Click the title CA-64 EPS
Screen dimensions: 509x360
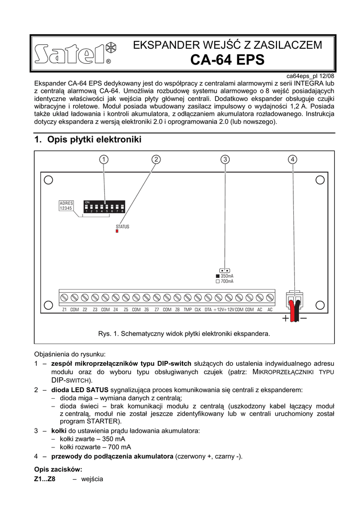[x=228, y=61]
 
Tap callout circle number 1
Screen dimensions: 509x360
[x=103, y=159]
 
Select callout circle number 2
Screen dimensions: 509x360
[x=156, y=159]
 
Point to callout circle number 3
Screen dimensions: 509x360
[x=225, y=159]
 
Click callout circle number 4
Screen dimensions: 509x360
[x=292, y=159]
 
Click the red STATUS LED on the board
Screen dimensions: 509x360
[x=117, y=231]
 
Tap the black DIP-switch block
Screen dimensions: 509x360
[x=104, y=207]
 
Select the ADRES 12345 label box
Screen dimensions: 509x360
[x=66, y=206]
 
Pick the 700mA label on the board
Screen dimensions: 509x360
[x=227, y=281]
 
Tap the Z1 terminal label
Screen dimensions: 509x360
[x=65, y=310]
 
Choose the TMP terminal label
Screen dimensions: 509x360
[x=187, y=310]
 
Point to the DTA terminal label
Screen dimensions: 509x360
[x=208, y=310]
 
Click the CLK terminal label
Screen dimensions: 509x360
[x=197, y=310]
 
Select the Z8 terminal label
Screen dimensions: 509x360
[x=178, y=310]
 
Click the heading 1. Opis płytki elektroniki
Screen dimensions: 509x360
[x=88, y=140]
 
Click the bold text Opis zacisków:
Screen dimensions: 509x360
[x=58, y=469]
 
